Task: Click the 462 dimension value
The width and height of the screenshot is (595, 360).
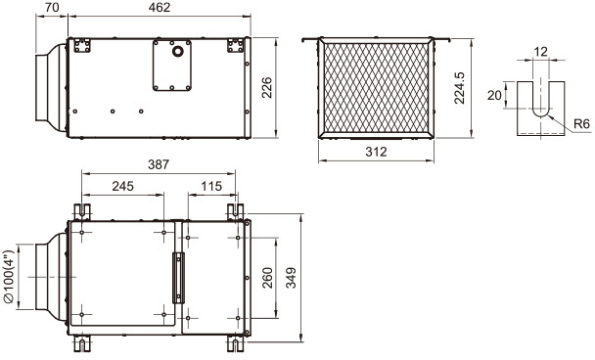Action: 160,7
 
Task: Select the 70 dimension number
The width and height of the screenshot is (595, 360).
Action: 51,7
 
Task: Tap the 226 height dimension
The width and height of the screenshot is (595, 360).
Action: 267,87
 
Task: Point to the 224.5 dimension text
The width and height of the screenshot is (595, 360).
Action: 460,87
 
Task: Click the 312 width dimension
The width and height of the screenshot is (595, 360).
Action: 376,152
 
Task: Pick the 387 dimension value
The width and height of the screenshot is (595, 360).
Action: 159,164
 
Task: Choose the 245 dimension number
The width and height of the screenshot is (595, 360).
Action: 123,186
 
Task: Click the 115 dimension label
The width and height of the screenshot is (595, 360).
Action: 211,186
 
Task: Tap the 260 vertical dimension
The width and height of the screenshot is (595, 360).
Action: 267,278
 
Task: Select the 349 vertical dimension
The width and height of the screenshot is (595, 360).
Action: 291,278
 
